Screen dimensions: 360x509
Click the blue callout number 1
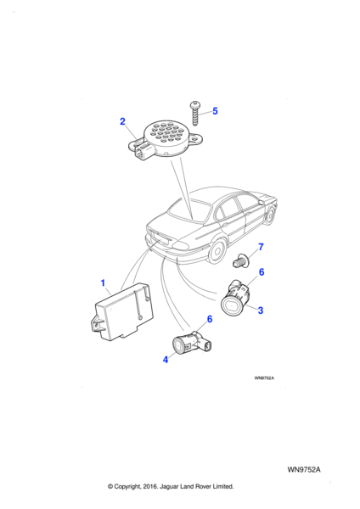(x=103, y=283)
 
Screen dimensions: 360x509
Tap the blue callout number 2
(x=122, y=121)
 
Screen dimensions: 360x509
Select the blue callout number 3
(x=261, y=310)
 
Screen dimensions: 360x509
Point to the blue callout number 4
(x=166, y=360)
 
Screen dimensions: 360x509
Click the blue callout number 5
(x=215, y=111)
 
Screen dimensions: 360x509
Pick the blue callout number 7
(x=261, y=247)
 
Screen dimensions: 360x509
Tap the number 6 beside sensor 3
(x=262, y=272)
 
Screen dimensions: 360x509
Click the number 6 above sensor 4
(x=210, y=319)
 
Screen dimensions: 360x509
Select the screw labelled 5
(x=195, y=114)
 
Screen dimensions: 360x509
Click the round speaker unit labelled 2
(x=166, y=139)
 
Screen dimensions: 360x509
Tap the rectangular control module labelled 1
(x=122, y=311)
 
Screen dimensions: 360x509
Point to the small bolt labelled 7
(x=241, y=260)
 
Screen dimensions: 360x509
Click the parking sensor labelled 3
(x=235, y=298)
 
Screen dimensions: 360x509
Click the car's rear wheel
(x=217, y=252)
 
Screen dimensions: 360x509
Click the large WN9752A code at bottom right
(x=304, y=470)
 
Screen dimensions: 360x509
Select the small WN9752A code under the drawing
(x=264, y=378)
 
